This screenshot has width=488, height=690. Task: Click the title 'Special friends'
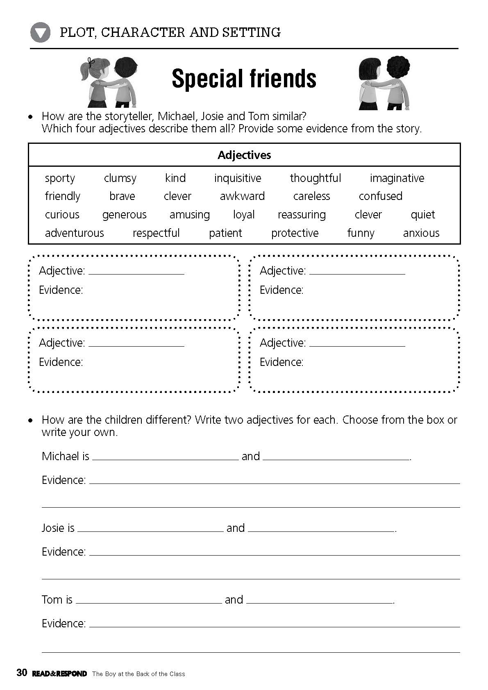point(244,78)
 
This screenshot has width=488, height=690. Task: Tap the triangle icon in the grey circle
point(40,32)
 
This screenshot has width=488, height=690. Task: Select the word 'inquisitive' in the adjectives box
point(238,178)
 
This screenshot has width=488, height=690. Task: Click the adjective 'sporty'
point(60,178)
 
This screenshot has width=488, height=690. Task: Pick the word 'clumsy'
point(120,178)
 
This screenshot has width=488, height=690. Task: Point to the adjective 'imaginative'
point(397,178)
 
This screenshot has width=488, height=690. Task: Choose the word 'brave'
point(122,196)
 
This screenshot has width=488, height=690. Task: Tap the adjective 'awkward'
point(242,196)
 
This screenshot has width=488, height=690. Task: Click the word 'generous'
point(124,215)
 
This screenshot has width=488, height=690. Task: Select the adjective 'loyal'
point(244,215)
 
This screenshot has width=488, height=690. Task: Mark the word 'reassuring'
point(302,215)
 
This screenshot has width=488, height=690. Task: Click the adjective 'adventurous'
point(74,233)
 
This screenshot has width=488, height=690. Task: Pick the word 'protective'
point(295,233)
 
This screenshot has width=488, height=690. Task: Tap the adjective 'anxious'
point(421,233)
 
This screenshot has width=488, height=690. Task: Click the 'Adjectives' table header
point(244,155)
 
